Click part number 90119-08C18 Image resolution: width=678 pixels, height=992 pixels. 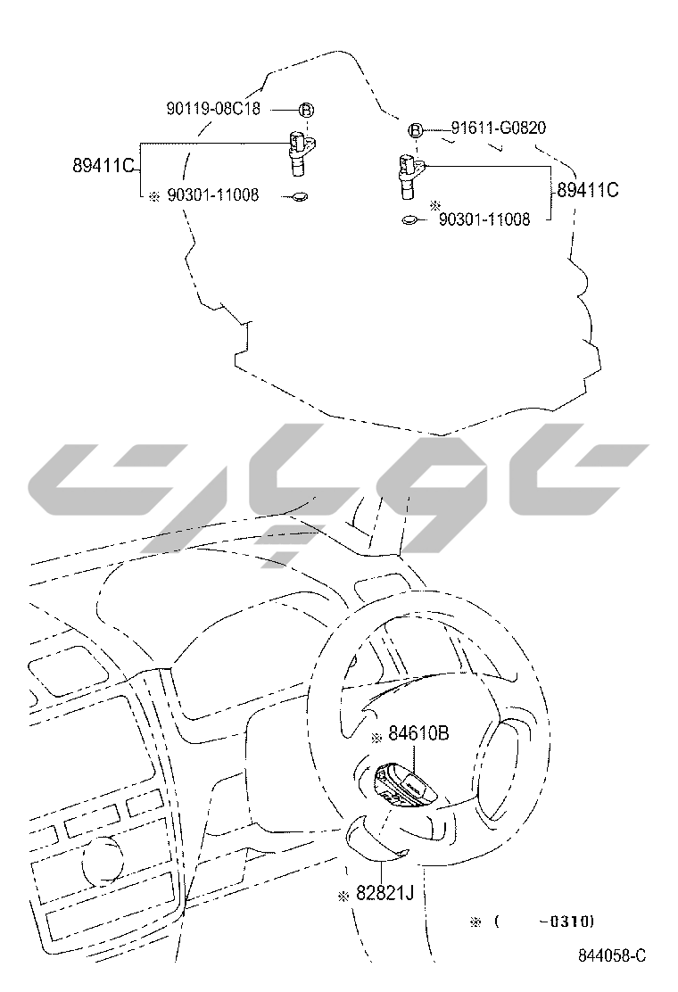click(213, 109)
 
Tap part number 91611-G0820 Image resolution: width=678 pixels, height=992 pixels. click(499, 128)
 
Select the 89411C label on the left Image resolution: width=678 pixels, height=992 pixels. click(103, 166)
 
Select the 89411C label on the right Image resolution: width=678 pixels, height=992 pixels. click(588, 190)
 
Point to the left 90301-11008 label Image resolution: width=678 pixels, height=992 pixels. click(212, 194)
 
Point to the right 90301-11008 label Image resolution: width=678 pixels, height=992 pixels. click(484, 219)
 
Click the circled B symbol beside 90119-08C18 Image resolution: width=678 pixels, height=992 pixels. click(306, 110)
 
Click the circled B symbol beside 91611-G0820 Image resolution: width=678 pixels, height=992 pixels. click(416, 130)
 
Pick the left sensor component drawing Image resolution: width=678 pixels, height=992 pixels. click(301, 153)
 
